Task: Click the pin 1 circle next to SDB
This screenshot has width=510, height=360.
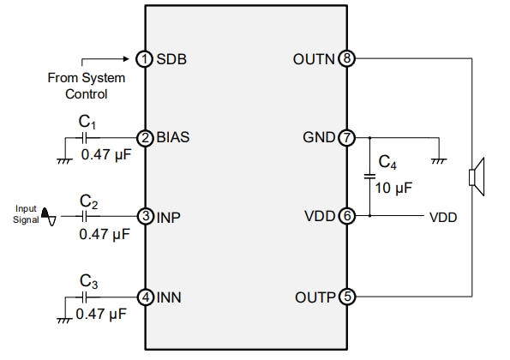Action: click(x=145, y=59)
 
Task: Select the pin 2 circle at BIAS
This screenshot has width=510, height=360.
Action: click(x=145, y=136)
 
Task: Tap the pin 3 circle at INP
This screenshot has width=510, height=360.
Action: click(x=145, y=217)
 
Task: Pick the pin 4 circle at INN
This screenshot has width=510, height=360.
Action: click(x=145, y=297)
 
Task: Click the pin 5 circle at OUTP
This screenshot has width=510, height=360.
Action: click(x=347, y=297)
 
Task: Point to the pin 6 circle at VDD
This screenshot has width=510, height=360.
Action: click(x=347, y=217)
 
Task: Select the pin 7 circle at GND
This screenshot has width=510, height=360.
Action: click(x=347, y=136)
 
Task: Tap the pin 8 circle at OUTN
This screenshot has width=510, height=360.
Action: click(x=347, y=59)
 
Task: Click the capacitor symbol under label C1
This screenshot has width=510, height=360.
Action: click(x=85, y=136)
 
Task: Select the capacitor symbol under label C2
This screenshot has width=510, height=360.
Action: click(x=85, y=217)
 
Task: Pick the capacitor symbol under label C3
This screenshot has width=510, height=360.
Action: click(x=85, y=297)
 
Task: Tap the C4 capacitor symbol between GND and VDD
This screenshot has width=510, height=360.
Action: click(x=369, y=177)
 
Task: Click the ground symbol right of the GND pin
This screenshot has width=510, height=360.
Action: click(x=439, y=157)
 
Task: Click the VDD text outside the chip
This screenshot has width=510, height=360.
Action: click(x=442, y=218)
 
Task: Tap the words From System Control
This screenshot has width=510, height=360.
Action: click(x=86, y=86)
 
